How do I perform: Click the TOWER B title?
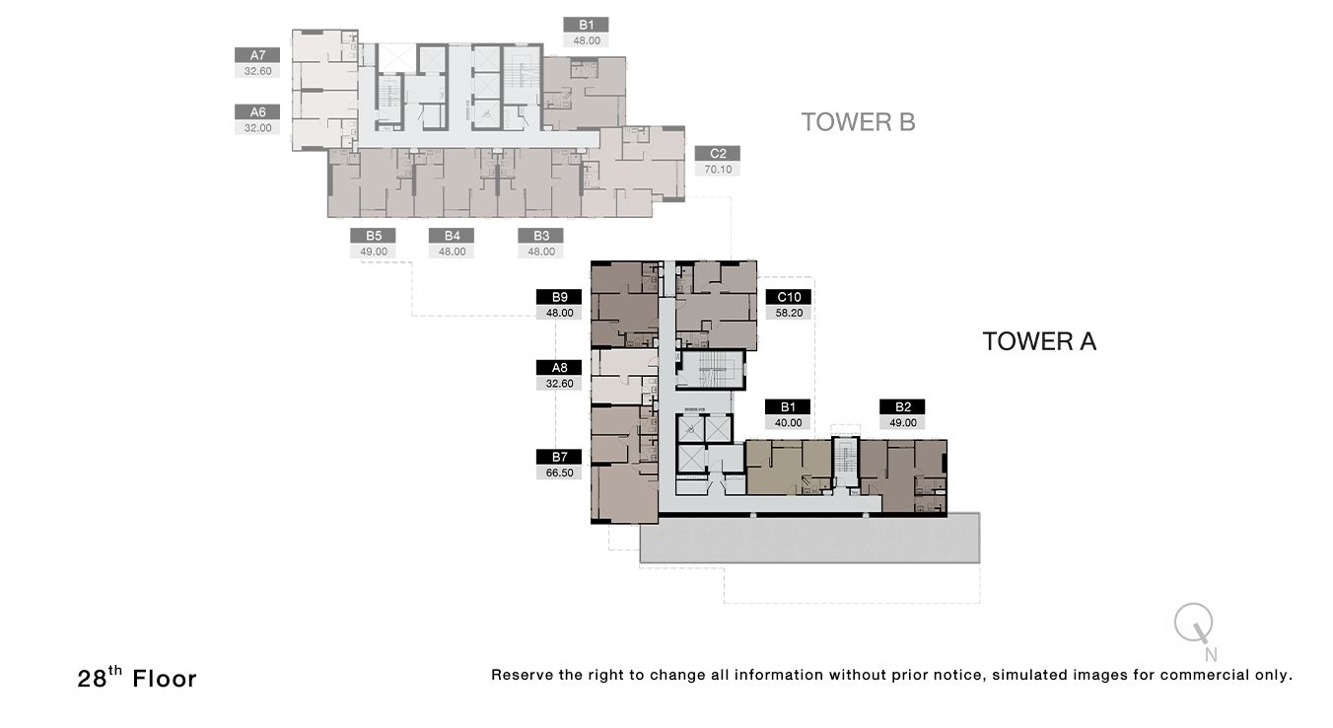pyautogui.click(x=858, y=122)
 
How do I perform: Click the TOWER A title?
pyautogui.click(x=1039, y=341)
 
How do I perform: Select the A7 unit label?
pyautogui.click(x=257, y=55)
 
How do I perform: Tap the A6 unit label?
pyautogui.click(x=257, y=112)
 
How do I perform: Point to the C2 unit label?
pyautogui.click(x=717, y=154)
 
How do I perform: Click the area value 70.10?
pyautogui.click(x=717, y=170)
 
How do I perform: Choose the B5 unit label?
pyautogui.click(x=373, y=236)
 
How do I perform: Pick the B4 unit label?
pyautogui.click(x=452, y=236)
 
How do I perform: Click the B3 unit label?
pyautogui.click(x=540, y=236)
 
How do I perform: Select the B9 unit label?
pyautogui.click(x=559, y=297)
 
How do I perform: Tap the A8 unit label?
pyautogui.click(x=559, y=368)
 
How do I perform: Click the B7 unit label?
pyautogui.click(x=559, y=457)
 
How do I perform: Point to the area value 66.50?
pyautogui.click(x=559, y=473)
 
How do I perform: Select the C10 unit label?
pyautogui.click(x=788, y=297)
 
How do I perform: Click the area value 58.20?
pyautogui.click(x=788, y=313)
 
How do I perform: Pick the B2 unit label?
pyautogui.click(x=902, y=406)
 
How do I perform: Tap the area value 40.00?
pyautogui.click(x=788, y=422)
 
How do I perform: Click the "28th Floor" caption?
pyautogui.click(x=137, y=679)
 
